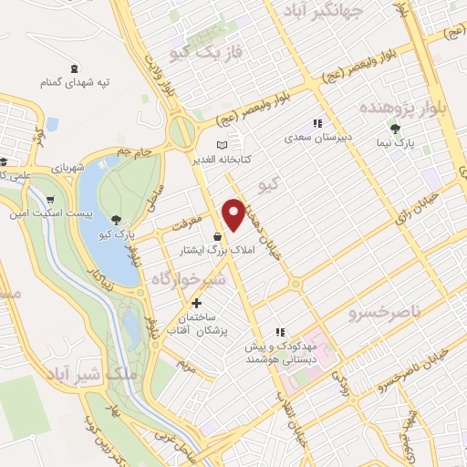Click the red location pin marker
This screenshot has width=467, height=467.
(x=234, y=213)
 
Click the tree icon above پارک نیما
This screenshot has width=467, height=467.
(x=394, y=128)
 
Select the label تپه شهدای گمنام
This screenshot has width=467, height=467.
(x=74, y=83)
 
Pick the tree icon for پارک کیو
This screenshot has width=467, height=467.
(x=117, y=219)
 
